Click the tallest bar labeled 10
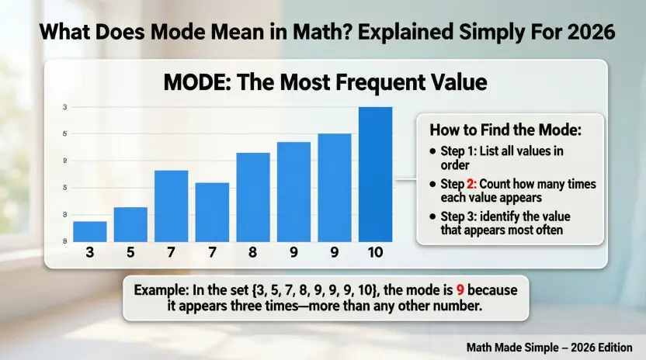click(x=375, y=175)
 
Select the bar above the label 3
click(x=90, y=231)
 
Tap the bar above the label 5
click(x=130, y=224)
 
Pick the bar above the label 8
click(x=253, y=197)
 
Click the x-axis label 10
click(x=375, y=253)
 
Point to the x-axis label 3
click(x=90, y=253)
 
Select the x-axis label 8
click(x=253, y=253)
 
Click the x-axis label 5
click(x=130, y=253)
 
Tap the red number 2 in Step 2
click(x=469, y=185)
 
